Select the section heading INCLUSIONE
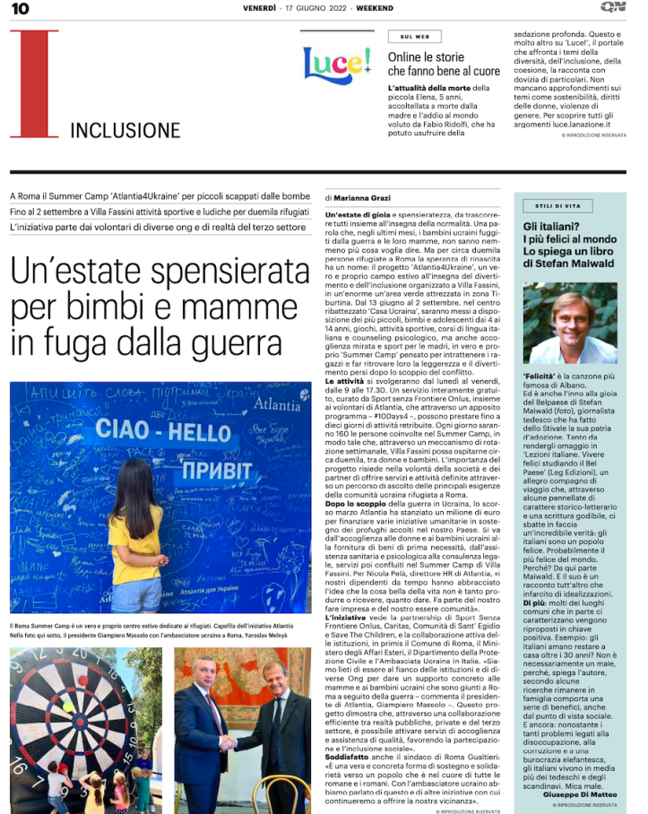(x=125, y=131)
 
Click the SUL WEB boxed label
(x=414, y=37)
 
